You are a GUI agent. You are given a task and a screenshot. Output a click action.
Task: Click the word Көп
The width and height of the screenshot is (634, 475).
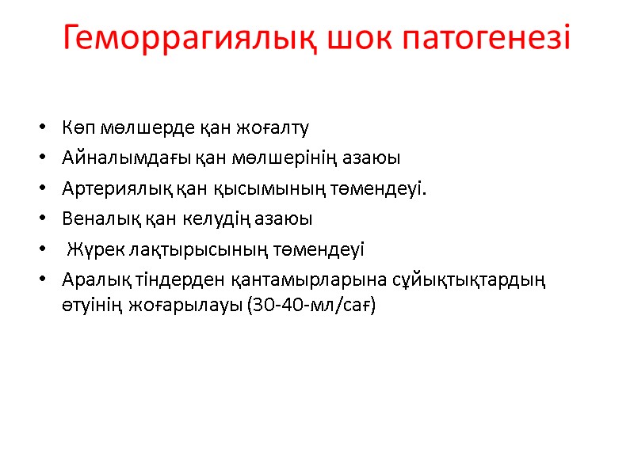[x=76, y=128]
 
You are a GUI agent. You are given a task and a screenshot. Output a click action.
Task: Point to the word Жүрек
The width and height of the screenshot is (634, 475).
[x=90, y=249]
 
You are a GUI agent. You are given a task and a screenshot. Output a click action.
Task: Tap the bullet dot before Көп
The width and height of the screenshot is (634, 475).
[x=40, y=129]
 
